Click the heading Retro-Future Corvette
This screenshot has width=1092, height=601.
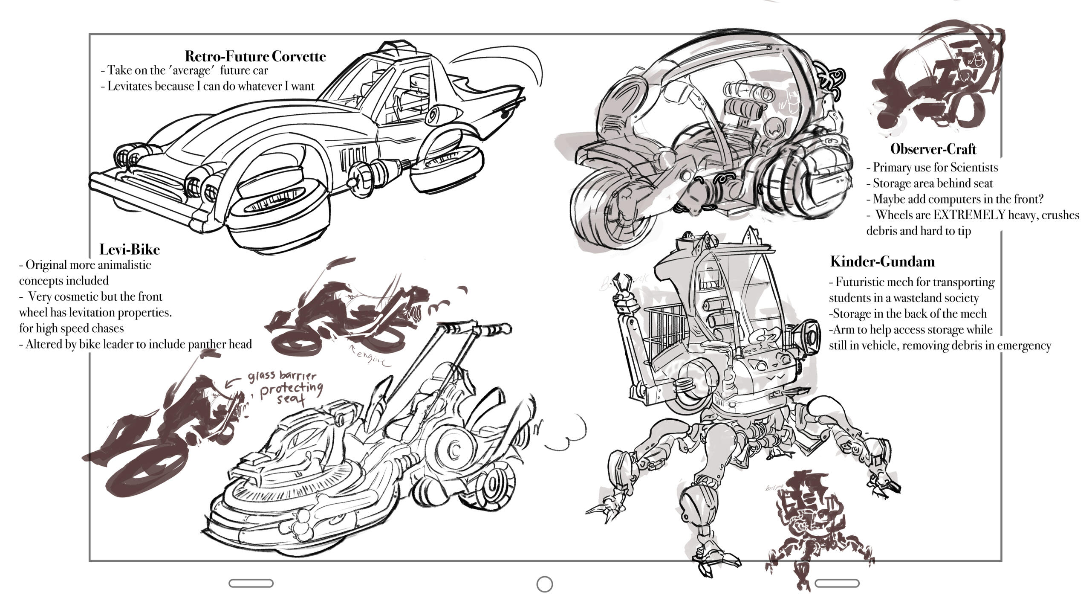click(x=255, y=56)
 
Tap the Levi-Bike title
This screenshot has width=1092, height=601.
click(x=129, y=249)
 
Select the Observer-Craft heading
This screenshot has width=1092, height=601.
click(x=933, y=149)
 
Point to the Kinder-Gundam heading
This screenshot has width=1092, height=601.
click(x=882, y=261)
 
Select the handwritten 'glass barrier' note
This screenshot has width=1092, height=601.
click(x=282, y=377)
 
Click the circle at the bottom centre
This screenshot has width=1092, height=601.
click(x=544, y=584)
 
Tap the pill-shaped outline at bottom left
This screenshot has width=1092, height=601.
click(x=251, y=583)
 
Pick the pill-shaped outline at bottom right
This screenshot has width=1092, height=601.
click(x=837, y=583)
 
